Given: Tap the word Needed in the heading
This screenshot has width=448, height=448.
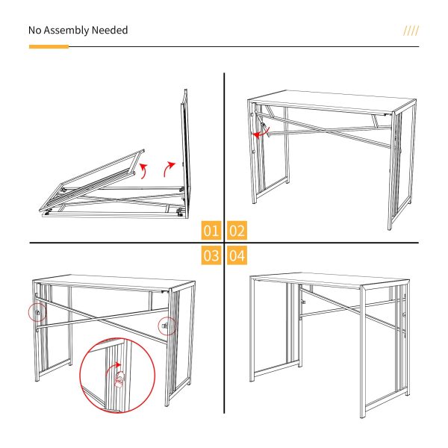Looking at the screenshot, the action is tap(110, 30).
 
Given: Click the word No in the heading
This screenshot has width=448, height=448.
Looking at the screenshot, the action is tap(34, 30).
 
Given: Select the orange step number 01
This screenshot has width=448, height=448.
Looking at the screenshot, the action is tap(211, 230).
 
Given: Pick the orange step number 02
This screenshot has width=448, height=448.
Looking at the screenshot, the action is tap(237, 230).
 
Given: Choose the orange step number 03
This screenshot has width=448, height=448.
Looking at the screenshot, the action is tap(211, 255).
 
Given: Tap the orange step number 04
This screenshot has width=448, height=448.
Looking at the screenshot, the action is tap(237, 255).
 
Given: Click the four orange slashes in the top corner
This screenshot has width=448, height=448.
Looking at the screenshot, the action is tap(411, 31).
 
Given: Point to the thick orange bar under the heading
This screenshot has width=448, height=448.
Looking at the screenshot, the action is tap(49, 46).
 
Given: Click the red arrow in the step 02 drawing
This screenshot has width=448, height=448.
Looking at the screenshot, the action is tap(261, 133).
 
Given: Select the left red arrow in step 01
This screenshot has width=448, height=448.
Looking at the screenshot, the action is tap(143, 171).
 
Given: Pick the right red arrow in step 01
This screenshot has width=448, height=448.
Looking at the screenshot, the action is tap(168, 169).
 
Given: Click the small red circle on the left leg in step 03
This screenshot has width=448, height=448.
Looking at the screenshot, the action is tap(37, 312).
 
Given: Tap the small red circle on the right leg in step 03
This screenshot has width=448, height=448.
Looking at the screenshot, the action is tap(167, 326).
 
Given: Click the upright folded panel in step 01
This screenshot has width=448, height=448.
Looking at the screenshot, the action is tap(185, 154).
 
